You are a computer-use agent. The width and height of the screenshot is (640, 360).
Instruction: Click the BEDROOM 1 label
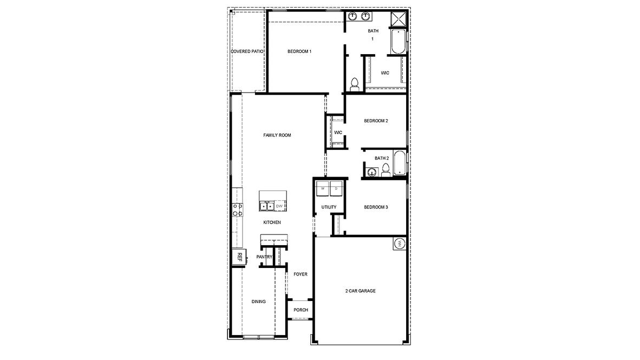pyautogui.click(x=299, y=51)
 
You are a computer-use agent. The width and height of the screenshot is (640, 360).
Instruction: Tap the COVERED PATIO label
pyautogui.click(x=247, y=51)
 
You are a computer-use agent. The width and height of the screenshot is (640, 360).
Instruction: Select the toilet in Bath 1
pyautogui.click(x=355, y=84)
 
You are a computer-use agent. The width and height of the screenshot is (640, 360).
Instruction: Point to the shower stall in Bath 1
pyautogui.click(x=399, y=19)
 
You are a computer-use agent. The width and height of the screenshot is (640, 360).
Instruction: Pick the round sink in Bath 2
pyautogui.click(x=372, y=172)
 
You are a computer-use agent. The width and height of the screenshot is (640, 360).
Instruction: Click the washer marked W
pyautogui.click(x=323, y=189)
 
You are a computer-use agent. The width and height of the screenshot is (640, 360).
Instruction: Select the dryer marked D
pyautogui.click(x=336, y=189)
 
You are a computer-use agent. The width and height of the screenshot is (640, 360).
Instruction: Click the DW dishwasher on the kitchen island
pyautogui.click(x=279, y=206)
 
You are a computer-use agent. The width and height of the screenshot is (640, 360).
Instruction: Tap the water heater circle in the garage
pyautogui.click(x=400, y=244)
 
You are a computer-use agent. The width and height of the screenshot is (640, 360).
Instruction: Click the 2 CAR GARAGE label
pyautogui.click(x=361, y=291)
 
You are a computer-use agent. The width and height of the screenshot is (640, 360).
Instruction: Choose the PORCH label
pyautogui.click(x=301, y=310)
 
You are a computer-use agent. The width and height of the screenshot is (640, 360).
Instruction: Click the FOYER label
pyautogui.click(x=301, y=274)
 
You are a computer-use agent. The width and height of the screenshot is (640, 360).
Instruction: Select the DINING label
pyautogui.click(x=259, y=302)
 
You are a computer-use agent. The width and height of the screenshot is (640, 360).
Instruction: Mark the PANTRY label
pyautogui.click(x=264, y=257)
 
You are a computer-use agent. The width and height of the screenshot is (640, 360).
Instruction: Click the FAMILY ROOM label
pyautogui.click(x=277, y=135)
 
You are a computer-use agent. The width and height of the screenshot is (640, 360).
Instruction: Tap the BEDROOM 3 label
pyautogui.click(x=376, y=207)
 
